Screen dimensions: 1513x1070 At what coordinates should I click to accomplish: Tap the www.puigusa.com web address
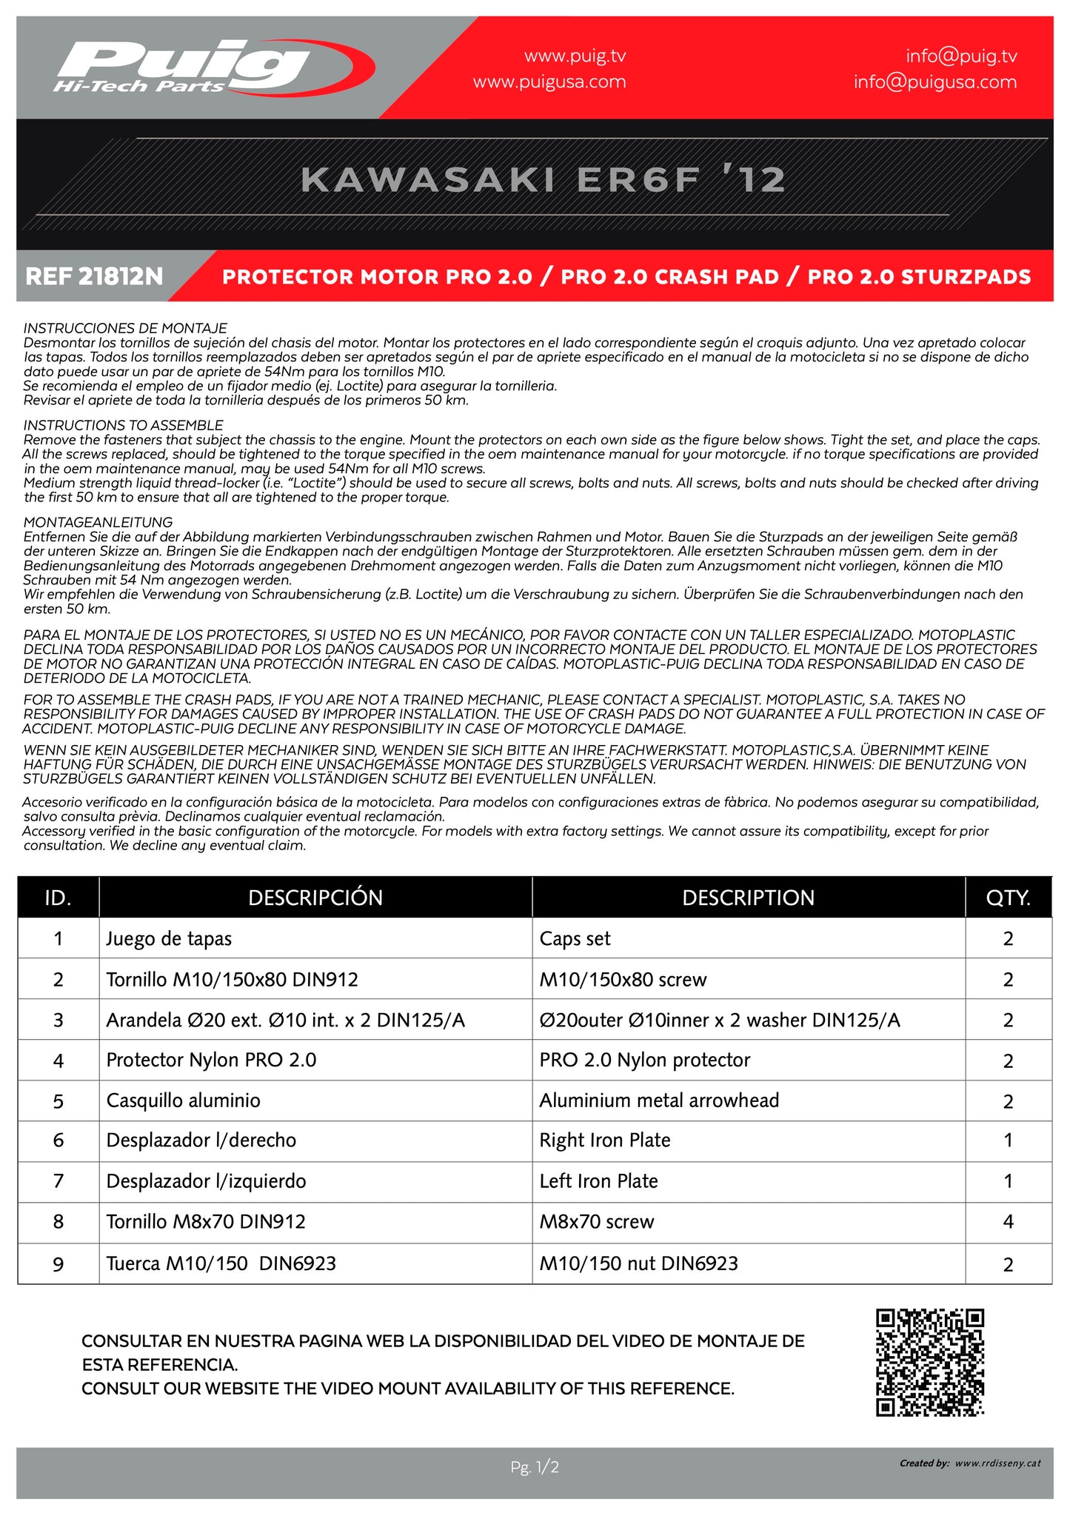tap(549, 82)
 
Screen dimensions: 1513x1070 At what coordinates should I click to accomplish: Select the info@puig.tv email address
tap(961, 56)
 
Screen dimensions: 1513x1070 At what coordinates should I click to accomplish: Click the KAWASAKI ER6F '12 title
tap(543, 180)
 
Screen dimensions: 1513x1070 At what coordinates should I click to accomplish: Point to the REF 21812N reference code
tap(94, 277)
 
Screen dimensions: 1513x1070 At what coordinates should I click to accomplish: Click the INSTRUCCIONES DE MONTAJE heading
tap(125, 328)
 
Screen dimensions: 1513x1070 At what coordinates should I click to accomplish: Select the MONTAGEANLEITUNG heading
tap(98, 522)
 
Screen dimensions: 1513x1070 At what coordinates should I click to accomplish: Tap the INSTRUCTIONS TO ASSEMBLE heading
tap(123, 425)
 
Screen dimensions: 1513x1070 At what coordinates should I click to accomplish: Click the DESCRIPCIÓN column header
tap(315, 898)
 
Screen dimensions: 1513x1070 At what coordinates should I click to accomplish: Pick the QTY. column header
tap(1008, 898)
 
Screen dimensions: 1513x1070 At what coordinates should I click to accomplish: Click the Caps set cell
tap(575, 939)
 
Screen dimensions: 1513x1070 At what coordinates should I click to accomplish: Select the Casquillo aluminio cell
tap(184, 1100)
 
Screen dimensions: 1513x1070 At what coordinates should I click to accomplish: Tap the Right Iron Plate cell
tap(605, 1140)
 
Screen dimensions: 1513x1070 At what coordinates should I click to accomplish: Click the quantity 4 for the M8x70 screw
tap(1008, 1222)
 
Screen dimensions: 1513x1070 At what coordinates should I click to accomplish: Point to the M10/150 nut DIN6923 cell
tap(638, 1263)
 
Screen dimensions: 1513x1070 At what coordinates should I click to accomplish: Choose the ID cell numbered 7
tap(58, 1181)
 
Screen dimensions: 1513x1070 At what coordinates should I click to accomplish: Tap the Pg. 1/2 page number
tap(535, 1466)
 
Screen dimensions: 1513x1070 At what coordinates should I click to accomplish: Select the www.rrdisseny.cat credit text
tap(997, 1463)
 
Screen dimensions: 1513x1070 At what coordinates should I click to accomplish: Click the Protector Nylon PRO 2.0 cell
tap(211, 1061)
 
